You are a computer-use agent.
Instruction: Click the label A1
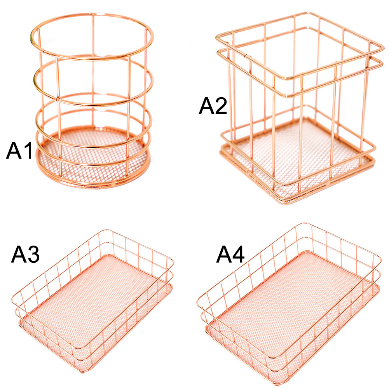click(x=19, y=150)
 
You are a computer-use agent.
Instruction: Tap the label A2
click(x=213, y=106)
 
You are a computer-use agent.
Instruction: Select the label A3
click(x=25, y=254)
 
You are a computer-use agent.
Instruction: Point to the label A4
click(x=230, y=254)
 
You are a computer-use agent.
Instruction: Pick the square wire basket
click(x=367, y=99)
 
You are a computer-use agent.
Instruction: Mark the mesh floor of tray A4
click(x=293, y=305)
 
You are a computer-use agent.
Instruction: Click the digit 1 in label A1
click(x=28, y=150)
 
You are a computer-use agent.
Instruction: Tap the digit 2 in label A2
click(x=221, y=106)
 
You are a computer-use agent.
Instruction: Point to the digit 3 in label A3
click(x=33, y=254)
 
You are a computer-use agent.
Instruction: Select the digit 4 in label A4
click(x=238, y=254)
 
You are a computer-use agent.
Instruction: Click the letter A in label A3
click(x=18, y=254)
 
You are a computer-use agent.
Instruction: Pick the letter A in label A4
click(x=223, y=254)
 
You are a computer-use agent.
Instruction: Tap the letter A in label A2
click(x=206, y=106)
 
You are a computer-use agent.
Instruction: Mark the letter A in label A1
click(x=14, y=150)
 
